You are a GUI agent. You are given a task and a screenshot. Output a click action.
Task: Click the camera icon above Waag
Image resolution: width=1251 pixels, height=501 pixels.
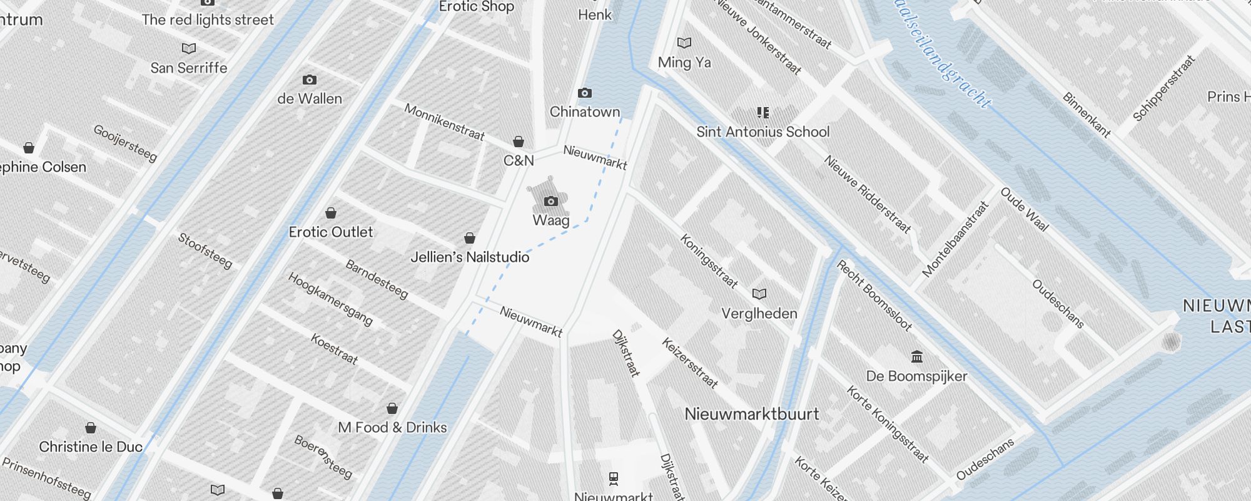tap(551, 201)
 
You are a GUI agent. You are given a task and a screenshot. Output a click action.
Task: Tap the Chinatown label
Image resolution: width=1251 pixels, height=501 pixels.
tap(584, 112)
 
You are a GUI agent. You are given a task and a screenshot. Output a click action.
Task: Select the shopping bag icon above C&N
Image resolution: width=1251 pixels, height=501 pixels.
tap(519, 142)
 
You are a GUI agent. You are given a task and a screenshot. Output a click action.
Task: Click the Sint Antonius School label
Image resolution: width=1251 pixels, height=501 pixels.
tap(762, 132)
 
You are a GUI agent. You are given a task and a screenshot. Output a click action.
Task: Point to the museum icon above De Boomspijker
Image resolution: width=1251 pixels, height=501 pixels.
tap(917, 357)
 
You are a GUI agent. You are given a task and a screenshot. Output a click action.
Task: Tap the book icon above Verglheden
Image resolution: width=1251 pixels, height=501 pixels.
tap(759, 294)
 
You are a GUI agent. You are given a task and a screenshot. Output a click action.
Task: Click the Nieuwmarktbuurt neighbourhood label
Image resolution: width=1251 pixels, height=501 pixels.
tap(752, 414)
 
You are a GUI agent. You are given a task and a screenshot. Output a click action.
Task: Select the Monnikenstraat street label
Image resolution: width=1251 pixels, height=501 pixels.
tap(444, 121)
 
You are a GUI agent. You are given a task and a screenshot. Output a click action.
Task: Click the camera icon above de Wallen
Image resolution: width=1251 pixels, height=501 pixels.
tap(309, 80)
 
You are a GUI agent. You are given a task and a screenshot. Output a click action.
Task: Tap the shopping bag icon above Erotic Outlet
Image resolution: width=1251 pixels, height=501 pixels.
tap(331, 213)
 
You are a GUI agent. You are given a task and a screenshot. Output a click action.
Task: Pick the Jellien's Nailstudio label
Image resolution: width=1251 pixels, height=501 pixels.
tap(470, 257)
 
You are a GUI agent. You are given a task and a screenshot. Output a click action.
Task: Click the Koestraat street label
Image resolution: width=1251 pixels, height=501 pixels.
tap(335, 349)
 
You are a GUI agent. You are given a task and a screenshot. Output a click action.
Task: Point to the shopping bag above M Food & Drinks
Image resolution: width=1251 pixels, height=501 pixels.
tap(392, 408)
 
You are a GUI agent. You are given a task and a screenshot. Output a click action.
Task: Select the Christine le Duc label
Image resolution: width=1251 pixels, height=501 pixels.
tap(91, 447)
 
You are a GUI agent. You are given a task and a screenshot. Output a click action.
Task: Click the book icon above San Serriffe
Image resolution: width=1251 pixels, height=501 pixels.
tap(188, 48)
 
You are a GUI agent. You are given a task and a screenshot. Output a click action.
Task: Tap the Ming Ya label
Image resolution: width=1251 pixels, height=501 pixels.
tap(684, 63)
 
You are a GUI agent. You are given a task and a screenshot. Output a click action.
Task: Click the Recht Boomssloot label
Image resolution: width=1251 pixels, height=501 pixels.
tap(874, 295)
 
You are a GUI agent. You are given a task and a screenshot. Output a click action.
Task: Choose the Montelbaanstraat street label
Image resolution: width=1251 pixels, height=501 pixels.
tap(955, 239)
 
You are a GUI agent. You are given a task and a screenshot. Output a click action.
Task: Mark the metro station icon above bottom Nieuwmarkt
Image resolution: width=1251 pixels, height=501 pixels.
tap(614, 479)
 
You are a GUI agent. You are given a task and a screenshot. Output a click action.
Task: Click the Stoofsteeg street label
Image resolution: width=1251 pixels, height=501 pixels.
tap(205, 250)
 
